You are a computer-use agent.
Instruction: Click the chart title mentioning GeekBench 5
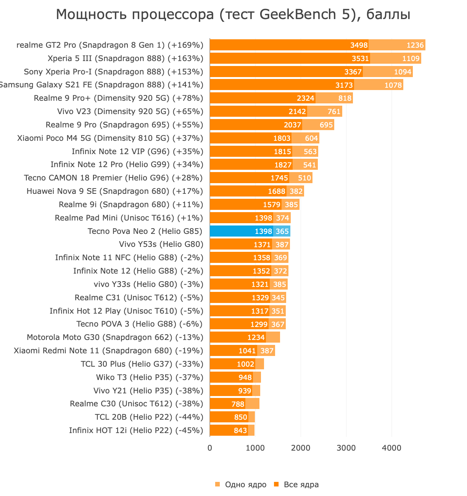233,14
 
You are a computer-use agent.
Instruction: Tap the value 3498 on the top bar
359,45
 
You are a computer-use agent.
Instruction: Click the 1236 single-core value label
415,45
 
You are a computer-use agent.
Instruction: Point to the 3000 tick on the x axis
346,448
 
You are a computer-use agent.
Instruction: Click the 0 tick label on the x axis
210,448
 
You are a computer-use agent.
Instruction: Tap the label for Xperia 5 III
126,58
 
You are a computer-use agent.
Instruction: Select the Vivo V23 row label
130,111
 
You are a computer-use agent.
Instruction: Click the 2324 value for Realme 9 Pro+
306,98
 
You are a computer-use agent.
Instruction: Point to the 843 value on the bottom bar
240,430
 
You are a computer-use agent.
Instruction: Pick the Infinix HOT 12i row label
136,430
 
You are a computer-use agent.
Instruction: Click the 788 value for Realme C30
238,404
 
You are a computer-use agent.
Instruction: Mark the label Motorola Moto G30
115,337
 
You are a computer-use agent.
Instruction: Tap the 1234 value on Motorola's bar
256,337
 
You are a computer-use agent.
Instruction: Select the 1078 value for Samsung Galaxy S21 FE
393,85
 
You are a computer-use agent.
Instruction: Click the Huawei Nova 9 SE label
114,191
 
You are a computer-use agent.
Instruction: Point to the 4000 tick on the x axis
392,448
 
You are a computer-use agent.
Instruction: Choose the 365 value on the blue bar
282,231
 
